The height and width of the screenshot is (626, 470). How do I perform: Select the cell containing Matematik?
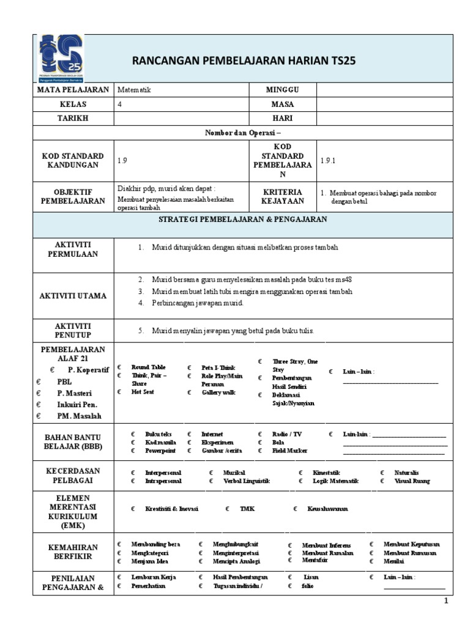[134, 90]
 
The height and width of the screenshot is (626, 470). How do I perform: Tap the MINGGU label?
[282, 90]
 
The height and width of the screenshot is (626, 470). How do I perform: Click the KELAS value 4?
[119, 104]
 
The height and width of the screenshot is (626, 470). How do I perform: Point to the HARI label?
[282, 118]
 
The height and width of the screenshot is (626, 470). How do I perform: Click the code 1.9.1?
[329, 160]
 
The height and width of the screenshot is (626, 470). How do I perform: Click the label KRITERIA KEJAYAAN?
[282, 196]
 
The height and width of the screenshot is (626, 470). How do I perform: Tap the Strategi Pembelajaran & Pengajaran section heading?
[243, 219]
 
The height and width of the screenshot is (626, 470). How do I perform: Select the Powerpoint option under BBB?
[160, 451]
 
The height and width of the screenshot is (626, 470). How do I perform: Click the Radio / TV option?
[287, 434]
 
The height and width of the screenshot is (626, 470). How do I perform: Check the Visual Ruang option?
[412, 481]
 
